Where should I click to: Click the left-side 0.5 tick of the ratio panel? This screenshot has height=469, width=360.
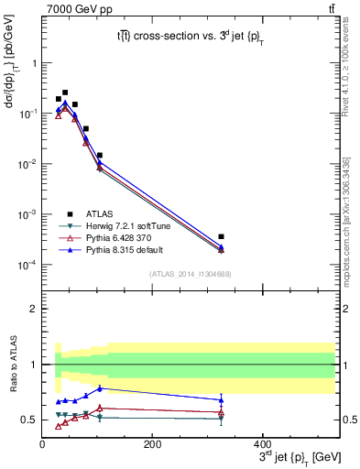tap(29, 420)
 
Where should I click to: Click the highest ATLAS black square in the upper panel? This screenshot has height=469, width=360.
tap(65, 93)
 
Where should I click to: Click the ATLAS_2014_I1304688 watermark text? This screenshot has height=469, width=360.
tap(190, 272)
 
